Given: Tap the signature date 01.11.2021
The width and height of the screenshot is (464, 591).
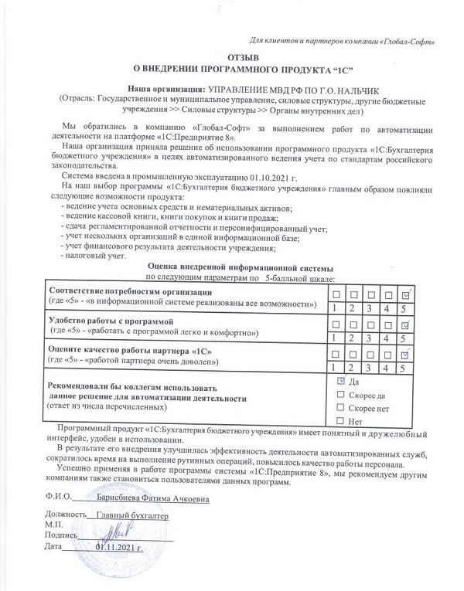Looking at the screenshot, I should [120, 547].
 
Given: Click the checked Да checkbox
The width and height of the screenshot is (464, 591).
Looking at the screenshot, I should [341, 382].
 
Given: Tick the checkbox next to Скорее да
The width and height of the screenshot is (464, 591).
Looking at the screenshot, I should [341, 395].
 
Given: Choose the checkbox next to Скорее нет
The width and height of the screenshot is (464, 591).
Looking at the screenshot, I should [341, 408].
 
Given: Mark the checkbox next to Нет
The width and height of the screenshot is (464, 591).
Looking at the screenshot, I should [341, 421].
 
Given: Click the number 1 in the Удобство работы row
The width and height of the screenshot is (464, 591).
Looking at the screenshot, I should [334, 338].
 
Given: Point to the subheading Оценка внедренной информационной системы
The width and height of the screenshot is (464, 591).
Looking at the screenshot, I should [239, 267].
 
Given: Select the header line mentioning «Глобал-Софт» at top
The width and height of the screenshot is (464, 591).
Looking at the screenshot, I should [344, 39].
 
